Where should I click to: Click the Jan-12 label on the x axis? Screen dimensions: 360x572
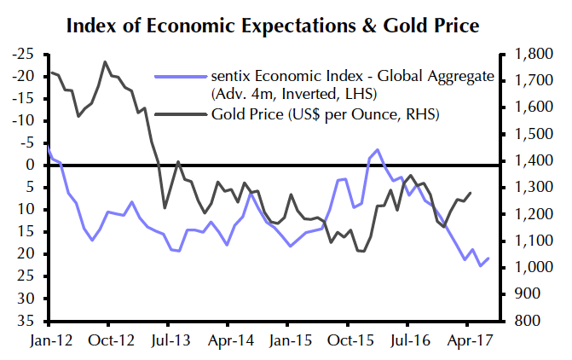click(x=49, y=339)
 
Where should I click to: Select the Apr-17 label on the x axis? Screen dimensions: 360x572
click(x=466, y=339)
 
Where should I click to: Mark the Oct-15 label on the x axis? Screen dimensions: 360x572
click(x=347, y=339)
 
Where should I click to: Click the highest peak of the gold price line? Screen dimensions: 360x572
click(x=104, y=61)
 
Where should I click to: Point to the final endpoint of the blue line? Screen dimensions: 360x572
click(x=488, y=258)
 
